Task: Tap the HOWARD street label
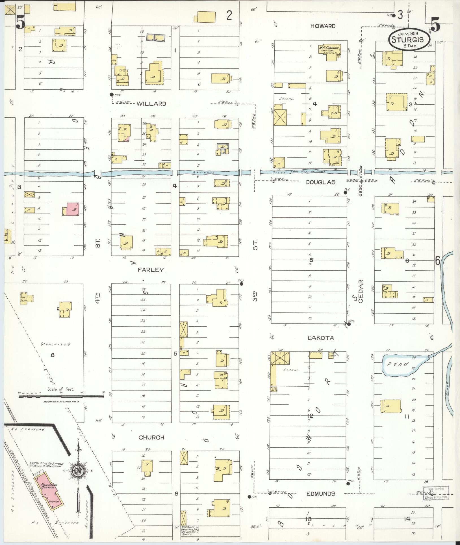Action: pyautogui.click(x=323, y=26)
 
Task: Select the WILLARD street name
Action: pyautogui.click(x=151, y=104)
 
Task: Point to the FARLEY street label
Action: pyautogui.click(x=150, y=270)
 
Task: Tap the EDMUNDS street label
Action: pyautogui.click(x=321, y=494)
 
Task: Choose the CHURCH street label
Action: pyautogui.click(x=151, y=438)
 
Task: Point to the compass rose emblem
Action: pyautogui.click(x=79, y=472)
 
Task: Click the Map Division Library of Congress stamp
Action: pyautogui.click(x=435, y=494)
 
